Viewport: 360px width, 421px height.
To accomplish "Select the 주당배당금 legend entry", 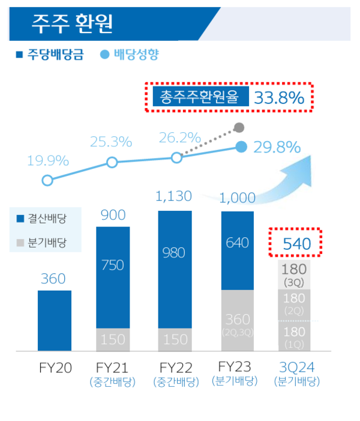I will click(x=50, y=55).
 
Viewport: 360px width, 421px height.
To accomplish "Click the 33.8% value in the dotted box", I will click(x=279, y=97).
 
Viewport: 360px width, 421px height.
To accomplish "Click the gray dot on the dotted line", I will click(x=239, y=127).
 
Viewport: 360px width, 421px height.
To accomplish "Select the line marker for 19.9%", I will click(x=47, y=180).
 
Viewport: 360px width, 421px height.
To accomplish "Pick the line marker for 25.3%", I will click(x=112, y=162).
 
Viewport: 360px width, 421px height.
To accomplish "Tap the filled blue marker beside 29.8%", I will click(x=241, y=147).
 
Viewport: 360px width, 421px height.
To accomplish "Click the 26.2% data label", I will click(x=180, y=138).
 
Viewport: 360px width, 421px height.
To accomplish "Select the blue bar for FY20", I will click(x=55, y=320).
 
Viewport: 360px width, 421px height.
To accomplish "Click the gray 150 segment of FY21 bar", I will click(x=113, y=339).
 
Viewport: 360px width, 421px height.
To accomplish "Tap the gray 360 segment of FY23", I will click(x=239, y=320).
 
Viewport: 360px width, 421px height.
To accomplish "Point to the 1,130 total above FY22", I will click(x=174, y=196).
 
